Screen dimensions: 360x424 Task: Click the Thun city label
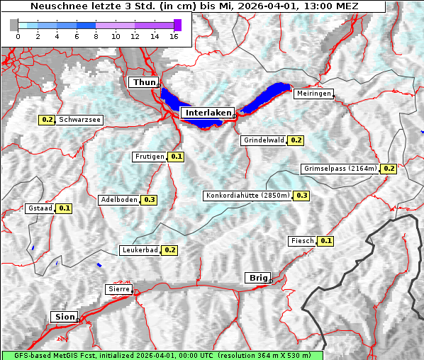[144, 83]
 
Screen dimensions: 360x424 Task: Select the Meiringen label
[313, 94]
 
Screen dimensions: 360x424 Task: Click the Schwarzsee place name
[80, 120]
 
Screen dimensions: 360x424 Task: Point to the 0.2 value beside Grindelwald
[296, 140]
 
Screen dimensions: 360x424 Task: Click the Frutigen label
[150, 157]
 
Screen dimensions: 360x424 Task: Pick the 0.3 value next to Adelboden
[149, 200]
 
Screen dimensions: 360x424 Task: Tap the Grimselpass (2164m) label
[340, 169]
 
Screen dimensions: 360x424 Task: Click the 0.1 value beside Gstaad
[65, 208]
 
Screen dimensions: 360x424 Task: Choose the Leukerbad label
[140, 250]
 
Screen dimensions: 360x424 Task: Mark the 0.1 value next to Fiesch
[325, 241]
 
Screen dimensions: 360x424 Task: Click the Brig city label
[256, 278]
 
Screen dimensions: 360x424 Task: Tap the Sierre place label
[118, 289]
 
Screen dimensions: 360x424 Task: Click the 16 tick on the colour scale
[174, 37]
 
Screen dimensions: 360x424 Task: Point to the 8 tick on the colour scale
[96, 37]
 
